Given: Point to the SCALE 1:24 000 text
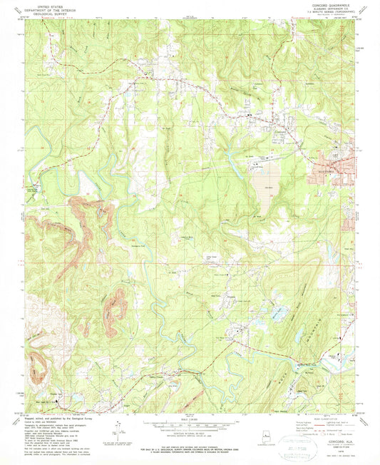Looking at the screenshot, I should click(x=190, y=419).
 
